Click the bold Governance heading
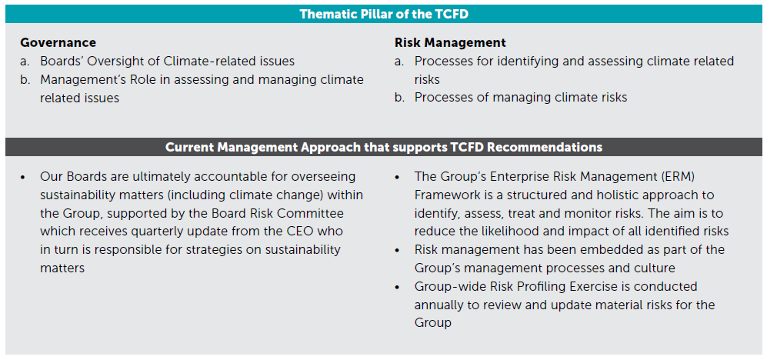(x=58, y=42)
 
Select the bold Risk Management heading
(x=450, y=42)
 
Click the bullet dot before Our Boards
(x=23, y=177)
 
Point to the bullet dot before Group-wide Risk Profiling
(x=398, y=287)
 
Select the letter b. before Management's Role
(x=25, y=79)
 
